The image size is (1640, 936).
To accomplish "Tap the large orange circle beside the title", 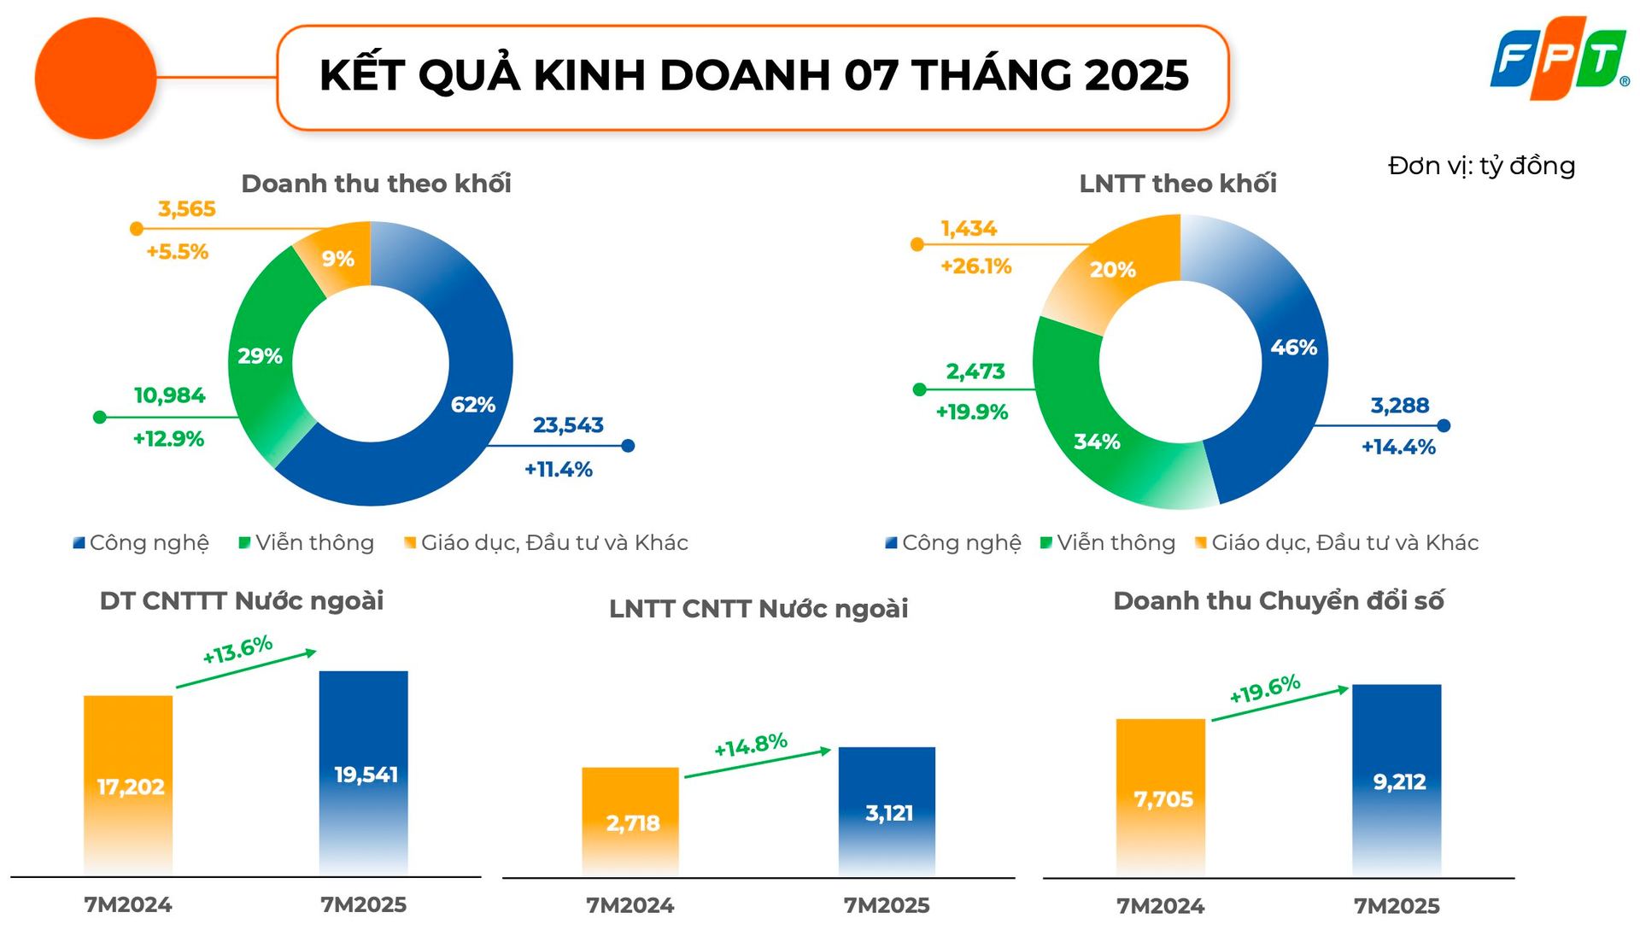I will tap(96, 79).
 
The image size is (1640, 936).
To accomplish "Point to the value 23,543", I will tap(568, 425).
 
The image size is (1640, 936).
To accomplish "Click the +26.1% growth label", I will tap(975, 266).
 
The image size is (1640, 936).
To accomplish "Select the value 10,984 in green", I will tap(169, 395).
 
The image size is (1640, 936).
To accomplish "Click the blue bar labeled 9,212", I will tap(1397, 779).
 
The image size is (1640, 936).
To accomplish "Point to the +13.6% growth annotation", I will tap(237, 649).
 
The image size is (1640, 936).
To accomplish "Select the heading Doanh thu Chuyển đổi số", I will tap(1278, 601).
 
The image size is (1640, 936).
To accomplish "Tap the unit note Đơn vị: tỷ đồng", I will tap(1481, 166).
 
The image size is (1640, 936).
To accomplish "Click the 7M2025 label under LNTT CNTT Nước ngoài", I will tap(887, 905).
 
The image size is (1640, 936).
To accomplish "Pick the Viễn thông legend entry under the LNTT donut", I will tap(1108, 543).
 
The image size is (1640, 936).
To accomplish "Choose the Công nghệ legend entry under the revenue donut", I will tap(142, 543).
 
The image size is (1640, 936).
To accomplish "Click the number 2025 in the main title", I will tap(1137, 75).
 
